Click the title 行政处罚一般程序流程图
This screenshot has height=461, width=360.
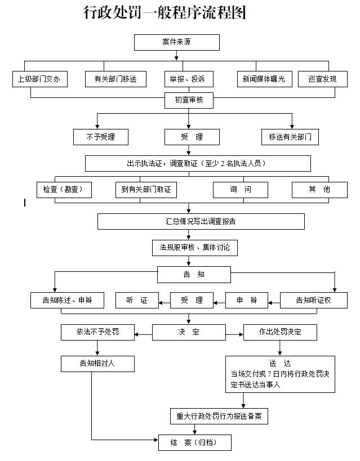point(165,12)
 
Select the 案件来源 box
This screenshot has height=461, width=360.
point(176,42)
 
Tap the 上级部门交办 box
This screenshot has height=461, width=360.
point(39,79)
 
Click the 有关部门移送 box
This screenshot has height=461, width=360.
point(112,79)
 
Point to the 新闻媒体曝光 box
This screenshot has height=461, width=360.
point(264,79)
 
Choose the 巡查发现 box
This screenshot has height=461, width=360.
point(322,79)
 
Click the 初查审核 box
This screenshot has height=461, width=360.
point(188,101)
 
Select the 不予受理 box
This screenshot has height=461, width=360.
point(101,137)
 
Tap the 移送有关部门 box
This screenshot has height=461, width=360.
point(290,137)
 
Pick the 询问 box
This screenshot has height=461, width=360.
point(240,190)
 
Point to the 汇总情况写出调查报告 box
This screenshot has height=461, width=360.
point(201,221)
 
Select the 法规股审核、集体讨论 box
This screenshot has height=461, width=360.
point(190,247)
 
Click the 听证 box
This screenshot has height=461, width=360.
point(136,301)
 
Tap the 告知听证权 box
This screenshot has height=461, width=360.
point(313,301)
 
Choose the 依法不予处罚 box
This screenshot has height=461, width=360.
point(97,332)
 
